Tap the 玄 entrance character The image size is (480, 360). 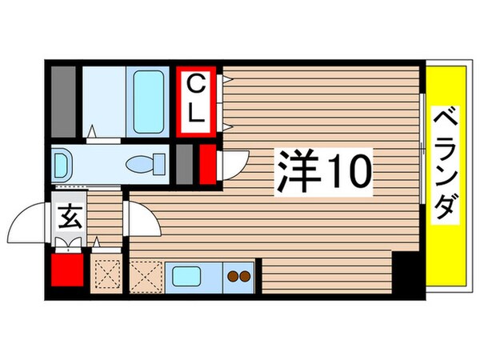[69, 218]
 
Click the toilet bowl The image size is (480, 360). [146, 164]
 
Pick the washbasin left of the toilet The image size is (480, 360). [62, 165]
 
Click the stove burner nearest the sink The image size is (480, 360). [233, 277]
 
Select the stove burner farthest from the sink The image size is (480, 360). [245, 277]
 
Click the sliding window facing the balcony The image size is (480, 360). [422, 148]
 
